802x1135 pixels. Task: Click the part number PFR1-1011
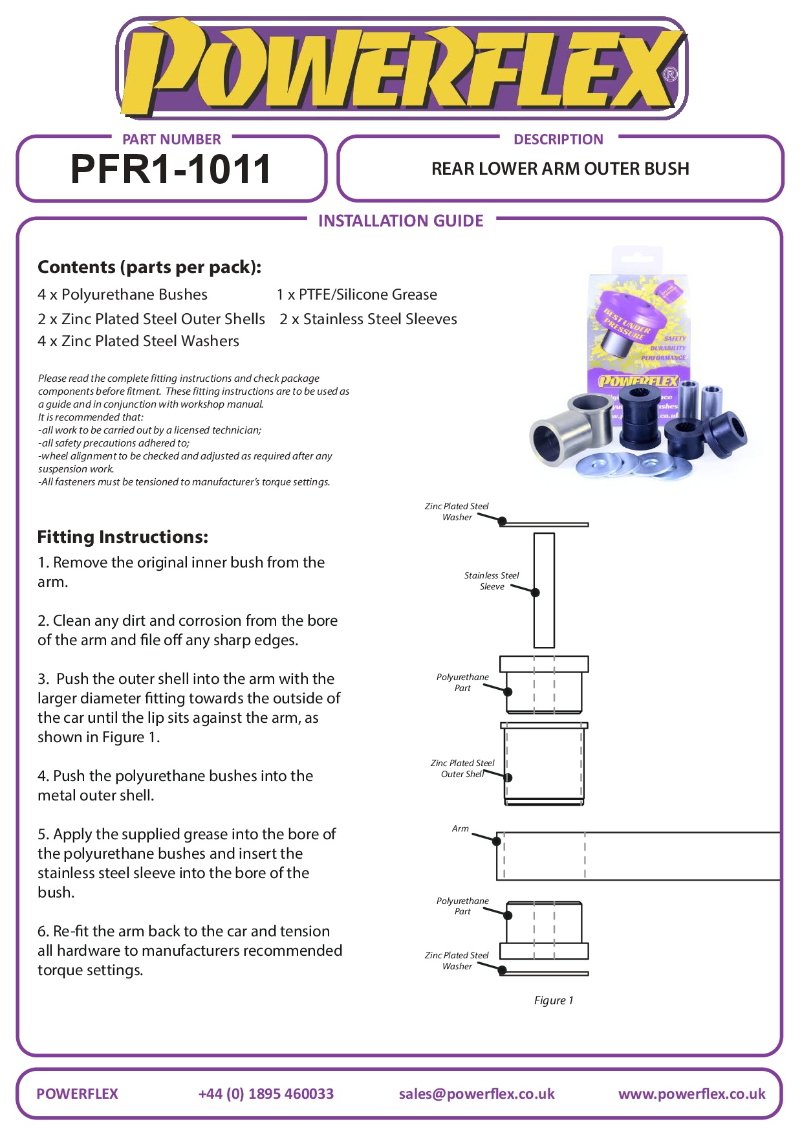click(x=171, y=170)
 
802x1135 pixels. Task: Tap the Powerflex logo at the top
click(x=400, y=69)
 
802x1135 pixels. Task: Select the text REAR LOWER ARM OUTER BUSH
click(x=560, y=169)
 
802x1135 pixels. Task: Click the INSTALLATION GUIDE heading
click(x=400, y=221)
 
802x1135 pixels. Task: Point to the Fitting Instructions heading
click(x=123, y=537)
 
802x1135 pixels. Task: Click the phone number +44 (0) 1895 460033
click(x=266, y=1094)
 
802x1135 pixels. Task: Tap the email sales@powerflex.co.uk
click(x=477, y=1094)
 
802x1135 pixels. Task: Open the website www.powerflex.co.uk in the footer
click(x=691, y=1094)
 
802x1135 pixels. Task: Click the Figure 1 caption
click(x=554, y=1000)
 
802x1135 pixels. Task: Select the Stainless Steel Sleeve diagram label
click(x=492, y=580)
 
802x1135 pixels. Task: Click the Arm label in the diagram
click(x=461, y=828)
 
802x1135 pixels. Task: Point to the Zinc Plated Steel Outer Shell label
click(x=462, y=769)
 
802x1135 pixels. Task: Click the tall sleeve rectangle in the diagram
click(x=544, y=590)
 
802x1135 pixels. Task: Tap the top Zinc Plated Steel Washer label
click(x=457, y=511)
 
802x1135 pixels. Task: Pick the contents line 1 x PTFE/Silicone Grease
click(x=357, y=295)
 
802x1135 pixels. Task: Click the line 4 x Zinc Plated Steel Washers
click(x=138, y=341)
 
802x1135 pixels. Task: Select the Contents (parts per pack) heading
click(x=149, y=267)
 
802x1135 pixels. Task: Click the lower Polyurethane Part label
click(x=462, y=906)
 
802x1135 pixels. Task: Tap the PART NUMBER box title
click(x=171, y=139)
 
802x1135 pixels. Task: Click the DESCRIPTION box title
click(x=558, y=139)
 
